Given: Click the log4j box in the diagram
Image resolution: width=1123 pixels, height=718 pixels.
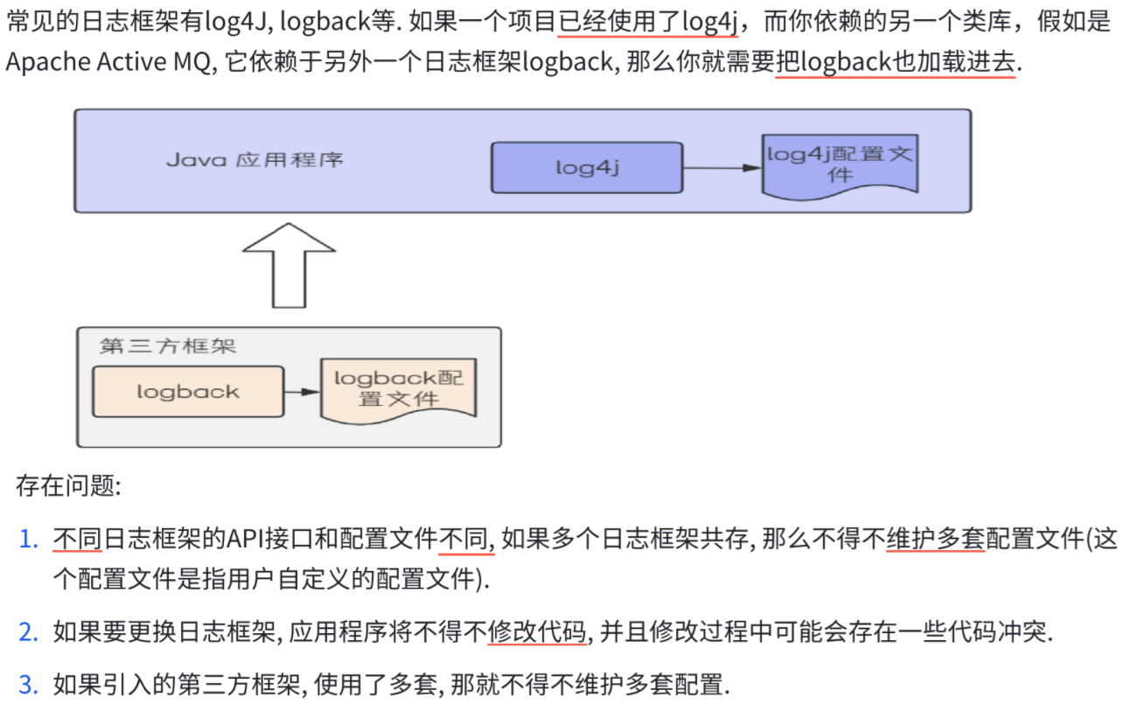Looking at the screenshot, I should (586, 167).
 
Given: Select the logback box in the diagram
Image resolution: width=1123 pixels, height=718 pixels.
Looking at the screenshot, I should (188, 391).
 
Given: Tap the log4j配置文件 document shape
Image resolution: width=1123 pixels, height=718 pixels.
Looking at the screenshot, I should (840, 164).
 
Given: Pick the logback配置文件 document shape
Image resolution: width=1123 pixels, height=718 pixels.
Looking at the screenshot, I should (398, 389).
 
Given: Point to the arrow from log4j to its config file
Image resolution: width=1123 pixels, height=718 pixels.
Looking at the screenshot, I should (722, 167).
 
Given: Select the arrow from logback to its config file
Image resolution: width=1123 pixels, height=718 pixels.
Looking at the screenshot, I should (303, 392).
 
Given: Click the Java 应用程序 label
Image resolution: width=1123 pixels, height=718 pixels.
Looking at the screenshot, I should (255, 160).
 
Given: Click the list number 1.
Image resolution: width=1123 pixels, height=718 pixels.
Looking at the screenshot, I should (29, 540).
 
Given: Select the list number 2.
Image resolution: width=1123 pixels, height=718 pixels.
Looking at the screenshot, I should (29, 631).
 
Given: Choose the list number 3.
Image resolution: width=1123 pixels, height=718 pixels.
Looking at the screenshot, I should (29, 684).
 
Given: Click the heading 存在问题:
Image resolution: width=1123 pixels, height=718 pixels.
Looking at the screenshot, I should (68, 486).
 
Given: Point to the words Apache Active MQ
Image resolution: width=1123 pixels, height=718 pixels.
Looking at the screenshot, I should (110, 62).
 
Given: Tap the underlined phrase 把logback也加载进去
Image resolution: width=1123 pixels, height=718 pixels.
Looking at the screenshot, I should (896, 62).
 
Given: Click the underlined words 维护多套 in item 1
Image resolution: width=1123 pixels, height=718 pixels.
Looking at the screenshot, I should (936, 540).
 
